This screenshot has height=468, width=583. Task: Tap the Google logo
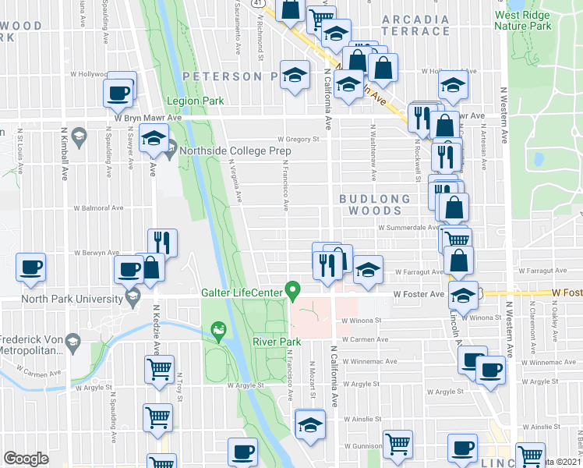[x=26, y=459]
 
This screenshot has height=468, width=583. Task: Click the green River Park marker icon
[x=220, y=334]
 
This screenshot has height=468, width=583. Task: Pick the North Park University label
[x=61, y=298]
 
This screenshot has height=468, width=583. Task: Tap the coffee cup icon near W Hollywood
[x=119, y=92]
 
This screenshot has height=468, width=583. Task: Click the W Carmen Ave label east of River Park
[x=365, y=339]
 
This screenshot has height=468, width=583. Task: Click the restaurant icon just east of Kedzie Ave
[x=162, y=243]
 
